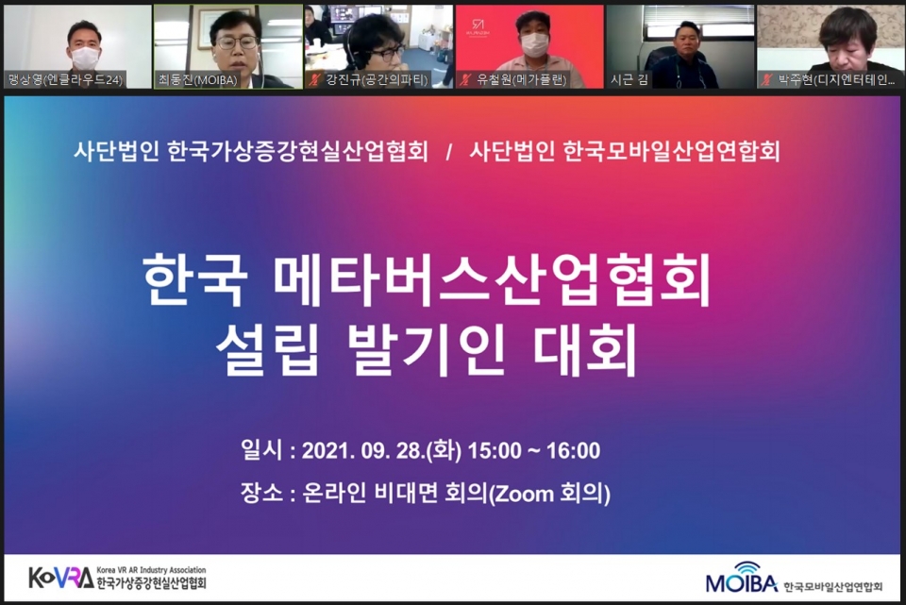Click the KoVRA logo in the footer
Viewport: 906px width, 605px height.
click(61, 577)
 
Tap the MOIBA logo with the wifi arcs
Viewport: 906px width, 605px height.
click(741, 579)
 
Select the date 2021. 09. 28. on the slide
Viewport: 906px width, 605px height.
click(362, 451)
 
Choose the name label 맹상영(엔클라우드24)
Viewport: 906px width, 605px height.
click(64, 80)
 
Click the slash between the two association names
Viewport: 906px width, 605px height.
click(449, 151)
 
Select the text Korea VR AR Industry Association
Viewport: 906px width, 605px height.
click(151, 570)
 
